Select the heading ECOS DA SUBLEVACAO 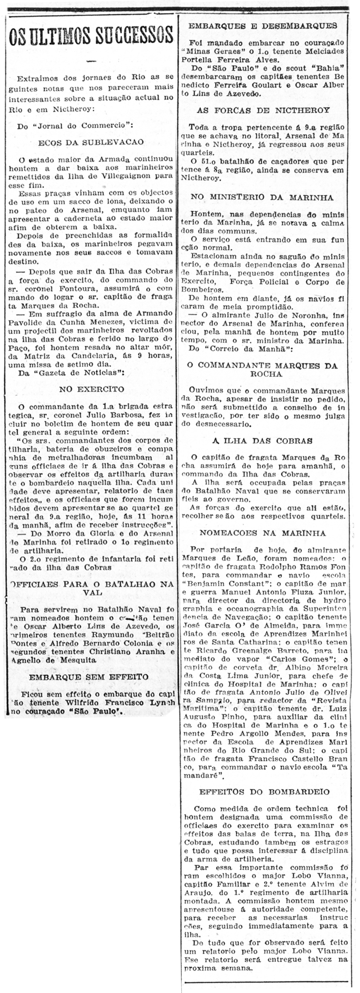[91, 142]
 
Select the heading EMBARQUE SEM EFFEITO [89, 677]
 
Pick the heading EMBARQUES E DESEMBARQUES [263, 26]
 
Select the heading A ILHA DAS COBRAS [262, 440]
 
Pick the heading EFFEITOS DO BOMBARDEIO [264, 791]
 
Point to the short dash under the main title [91, 60]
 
